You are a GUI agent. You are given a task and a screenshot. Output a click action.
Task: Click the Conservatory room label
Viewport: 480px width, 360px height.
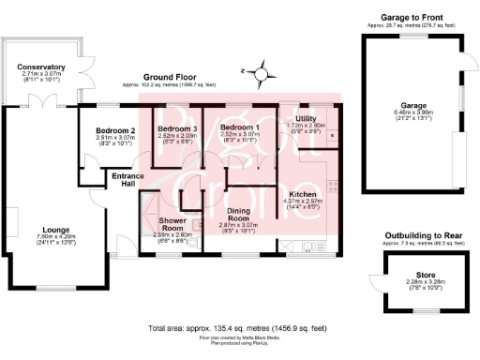tap(39, 67)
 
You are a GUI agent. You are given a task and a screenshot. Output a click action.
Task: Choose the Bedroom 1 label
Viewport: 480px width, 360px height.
tap(238, 127)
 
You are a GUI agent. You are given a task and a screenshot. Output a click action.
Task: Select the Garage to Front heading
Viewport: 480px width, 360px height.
tap(412, 16)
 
